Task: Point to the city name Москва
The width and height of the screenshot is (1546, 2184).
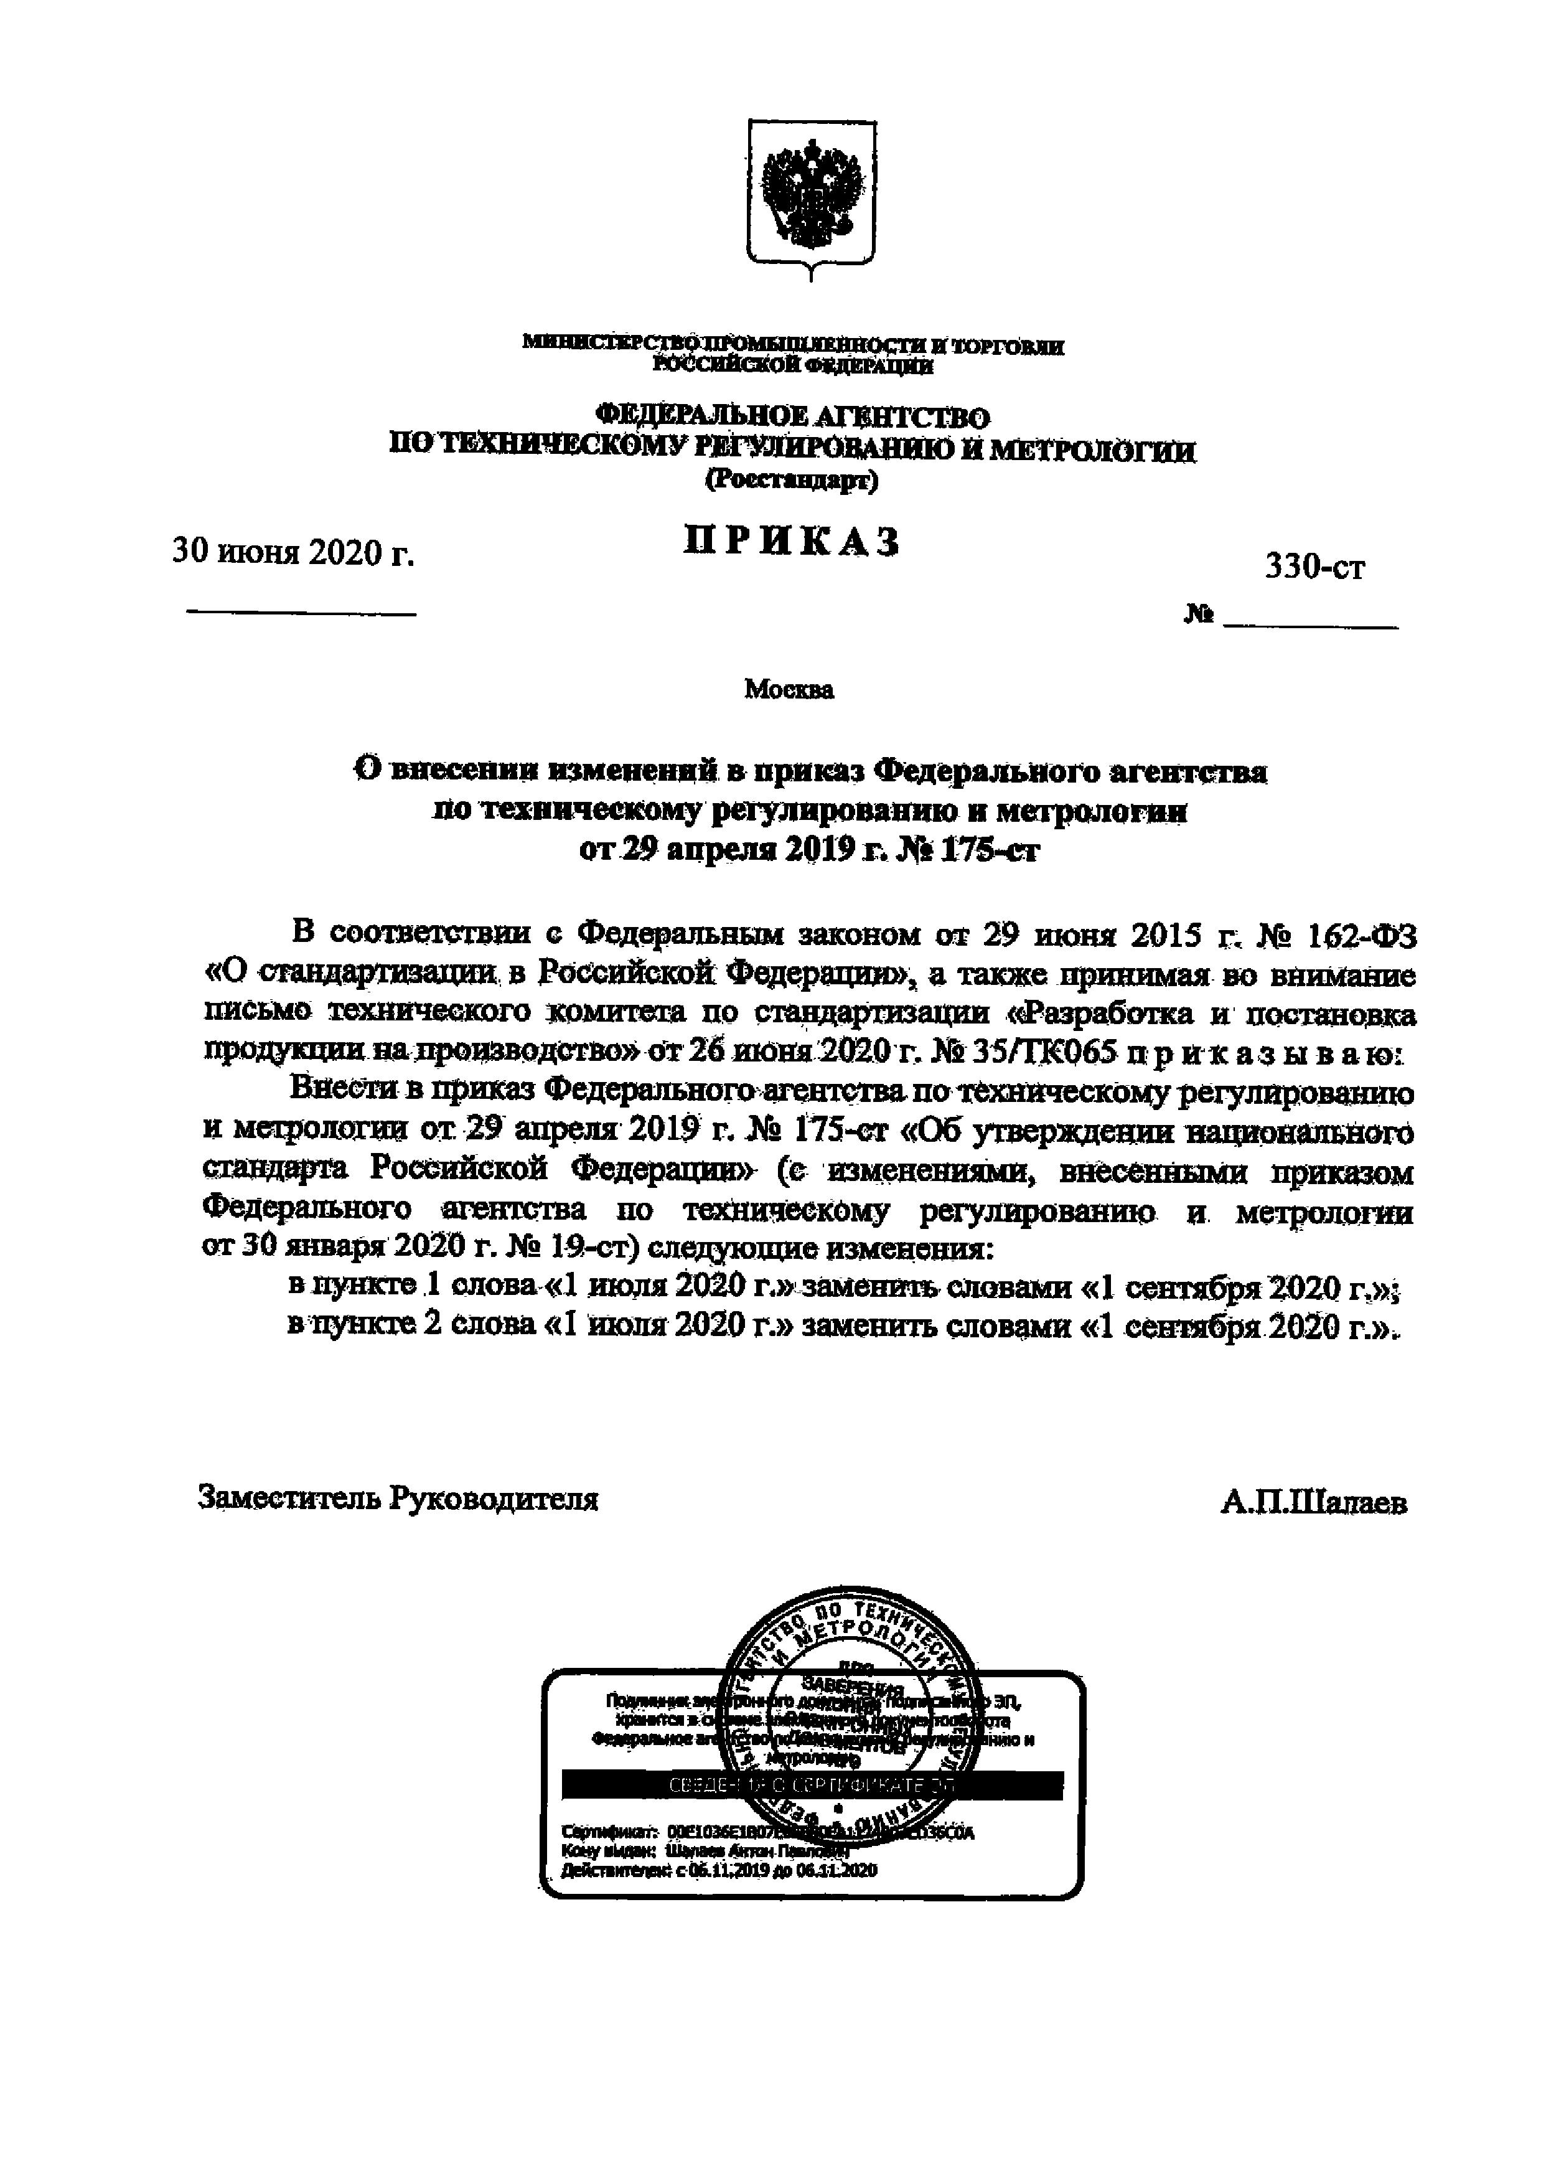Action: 789,689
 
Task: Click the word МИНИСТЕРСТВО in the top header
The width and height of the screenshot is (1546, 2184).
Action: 609,343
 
